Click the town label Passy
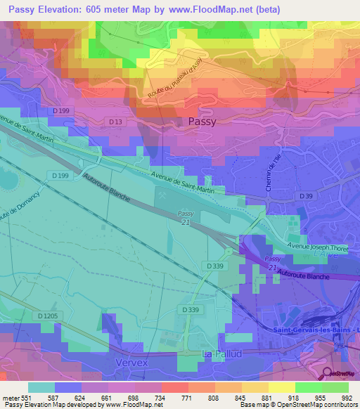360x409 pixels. (202, 121)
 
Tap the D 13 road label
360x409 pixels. (116, 122)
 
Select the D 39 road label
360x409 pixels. (304, 196)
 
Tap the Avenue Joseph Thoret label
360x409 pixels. (318, 247)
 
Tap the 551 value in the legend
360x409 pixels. (27, 398)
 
